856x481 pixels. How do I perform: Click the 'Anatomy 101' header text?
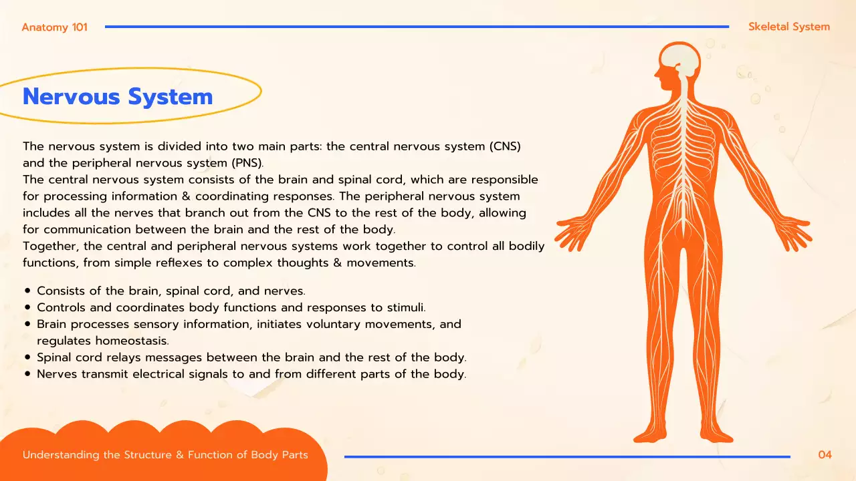click(54, 27)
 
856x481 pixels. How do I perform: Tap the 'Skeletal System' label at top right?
click(789, 27)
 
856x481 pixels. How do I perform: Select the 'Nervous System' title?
click(118, 97)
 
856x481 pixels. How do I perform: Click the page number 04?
click(825, 455)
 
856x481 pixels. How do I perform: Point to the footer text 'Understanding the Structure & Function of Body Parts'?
click(165, 455)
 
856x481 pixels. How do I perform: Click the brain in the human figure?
click(681, 59)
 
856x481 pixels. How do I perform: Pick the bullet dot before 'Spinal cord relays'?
click(27, 357)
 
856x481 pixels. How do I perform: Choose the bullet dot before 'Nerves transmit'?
click(27, 374)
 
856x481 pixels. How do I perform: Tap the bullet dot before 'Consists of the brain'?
click(27, 291)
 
